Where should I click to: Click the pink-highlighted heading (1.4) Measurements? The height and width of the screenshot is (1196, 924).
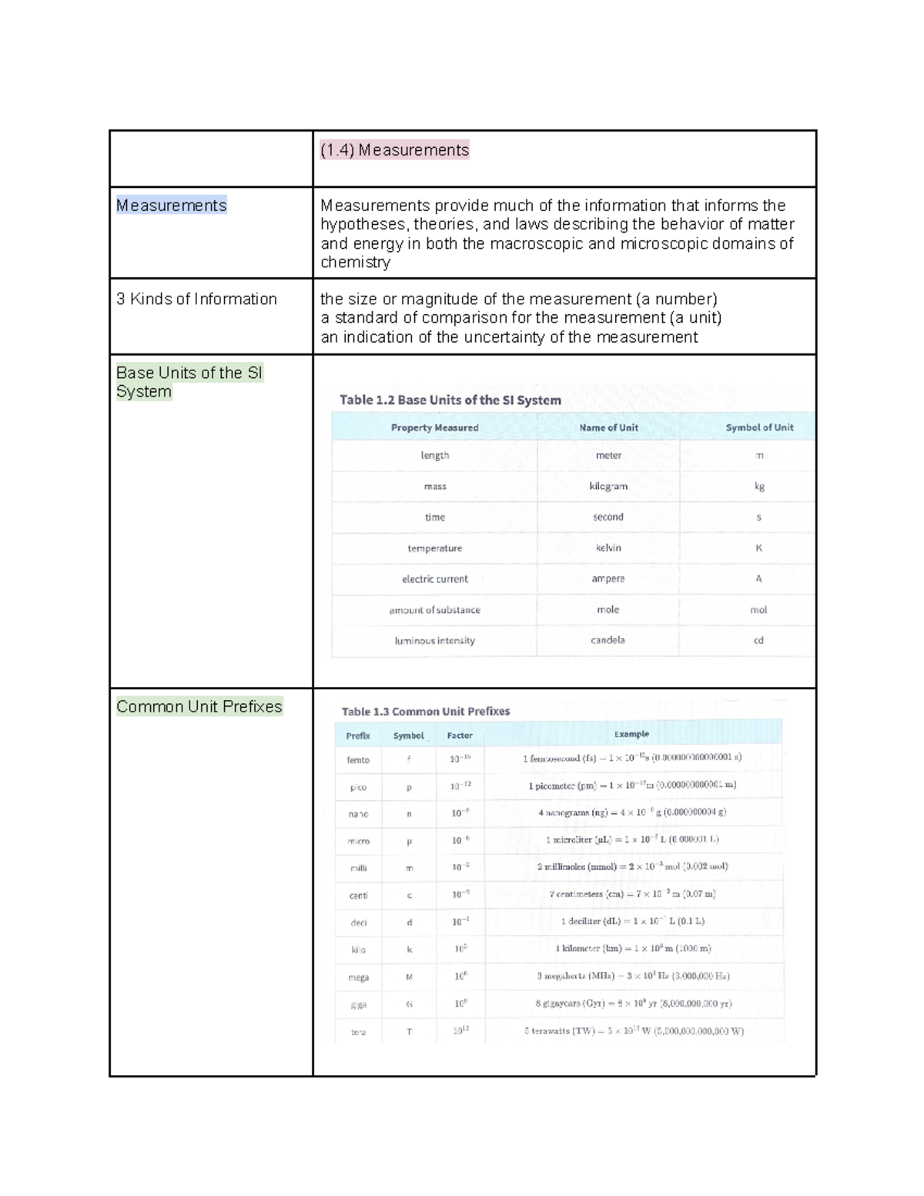pos(394,150)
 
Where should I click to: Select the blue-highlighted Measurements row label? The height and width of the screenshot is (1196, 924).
pos(171,206)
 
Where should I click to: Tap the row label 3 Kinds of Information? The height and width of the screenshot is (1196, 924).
pos(196,299)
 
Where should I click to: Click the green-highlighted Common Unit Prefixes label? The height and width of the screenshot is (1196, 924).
pos(199,707)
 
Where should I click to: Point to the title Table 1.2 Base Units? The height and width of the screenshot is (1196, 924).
pos(450,400)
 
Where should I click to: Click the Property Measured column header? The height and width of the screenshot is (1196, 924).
pos(434,427)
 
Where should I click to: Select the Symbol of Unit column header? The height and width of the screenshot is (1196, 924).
pos(758,427)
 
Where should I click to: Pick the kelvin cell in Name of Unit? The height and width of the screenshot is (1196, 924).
pos(608,548)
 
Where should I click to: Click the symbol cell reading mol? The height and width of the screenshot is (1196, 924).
pos(758,609)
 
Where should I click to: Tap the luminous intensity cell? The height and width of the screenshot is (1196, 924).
pos(434,640)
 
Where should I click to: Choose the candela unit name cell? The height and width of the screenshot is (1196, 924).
pos(608,640)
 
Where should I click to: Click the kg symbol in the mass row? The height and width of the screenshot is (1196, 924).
pos(759,486)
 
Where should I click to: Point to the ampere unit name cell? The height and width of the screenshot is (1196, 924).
pos(608,578)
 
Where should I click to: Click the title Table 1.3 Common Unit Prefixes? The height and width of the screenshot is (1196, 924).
pos(426,712)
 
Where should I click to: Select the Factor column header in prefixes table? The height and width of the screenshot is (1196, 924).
pos(460,735)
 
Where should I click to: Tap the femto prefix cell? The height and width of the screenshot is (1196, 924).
pos(358,760)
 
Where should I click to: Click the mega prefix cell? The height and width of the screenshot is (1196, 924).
pos(358,977)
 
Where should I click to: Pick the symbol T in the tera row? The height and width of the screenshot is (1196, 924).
pos(409,1032)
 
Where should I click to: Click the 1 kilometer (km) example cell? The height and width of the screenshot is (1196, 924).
pos(633,949)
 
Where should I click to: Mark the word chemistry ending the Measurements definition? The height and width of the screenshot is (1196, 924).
pos(355,262)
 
